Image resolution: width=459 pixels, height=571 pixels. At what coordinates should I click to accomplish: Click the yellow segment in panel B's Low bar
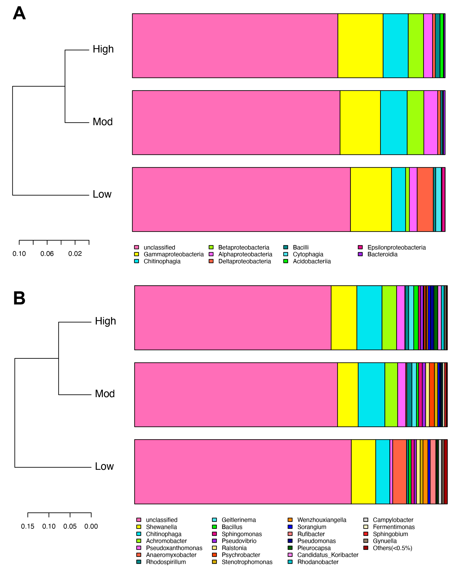coord(363,472)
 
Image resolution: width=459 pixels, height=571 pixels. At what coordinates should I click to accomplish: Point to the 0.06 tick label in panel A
coord(47,254)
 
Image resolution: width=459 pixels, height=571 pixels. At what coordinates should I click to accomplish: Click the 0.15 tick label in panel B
coord(27,526)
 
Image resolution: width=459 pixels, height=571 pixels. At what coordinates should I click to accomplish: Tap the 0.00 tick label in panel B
coord(91,526)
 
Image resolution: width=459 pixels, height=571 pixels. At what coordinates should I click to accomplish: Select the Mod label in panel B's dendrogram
coord(105,394)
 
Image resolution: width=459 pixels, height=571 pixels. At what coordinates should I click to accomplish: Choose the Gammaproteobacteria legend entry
coord(174,254)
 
